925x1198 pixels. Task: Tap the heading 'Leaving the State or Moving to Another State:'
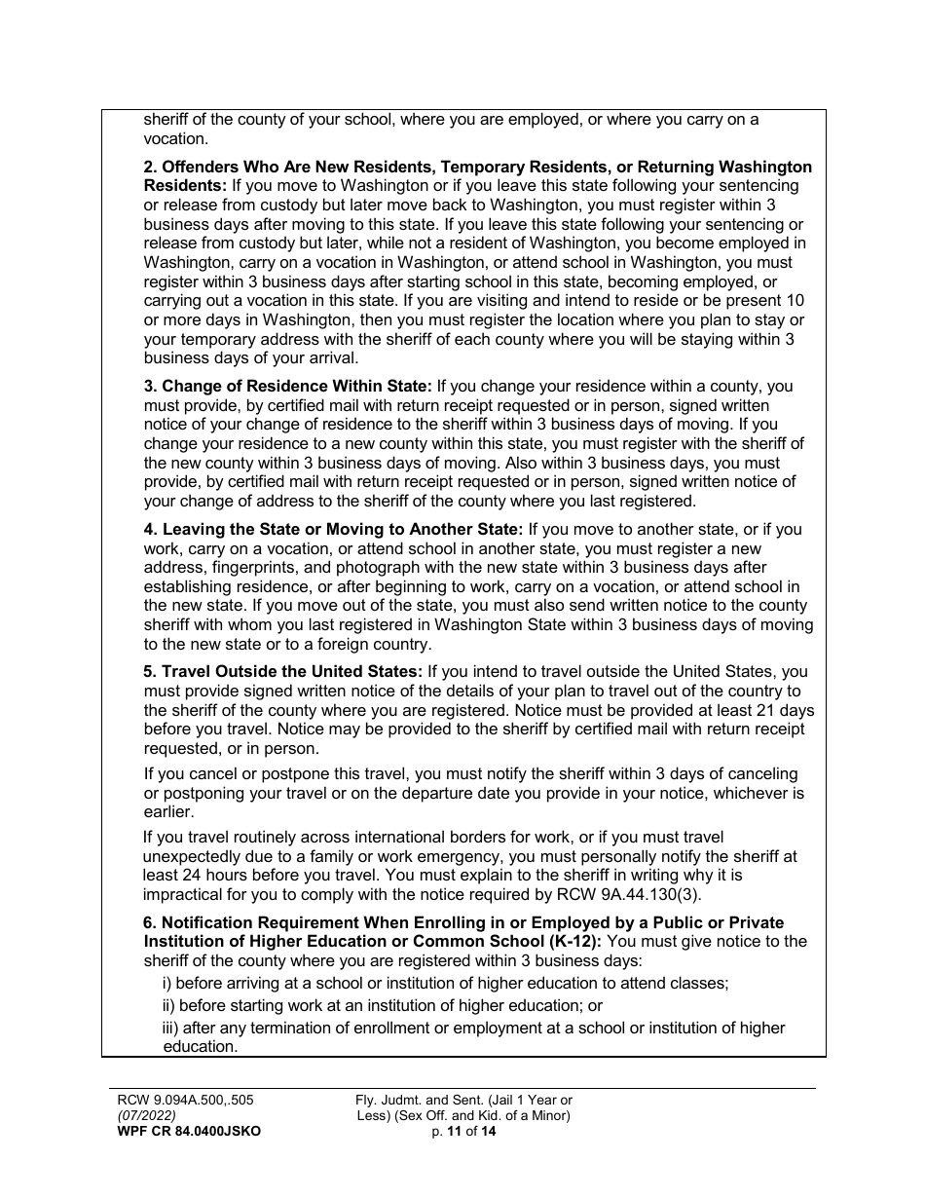(333, 529)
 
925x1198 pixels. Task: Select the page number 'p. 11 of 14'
(463, 1131)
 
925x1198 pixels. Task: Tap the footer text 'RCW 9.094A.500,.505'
(185, 1100)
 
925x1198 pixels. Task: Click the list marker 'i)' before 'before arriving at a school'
(166, 983)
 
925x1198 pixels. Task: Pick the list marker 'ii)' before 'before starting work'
(168, 1005)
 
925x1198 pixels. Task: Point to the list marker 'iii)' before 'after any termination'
(170, 1028)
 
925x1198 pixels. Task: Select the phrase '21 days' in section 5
(787, 710)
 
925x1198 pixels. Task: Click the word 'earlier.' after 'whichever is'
(169, 812)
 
